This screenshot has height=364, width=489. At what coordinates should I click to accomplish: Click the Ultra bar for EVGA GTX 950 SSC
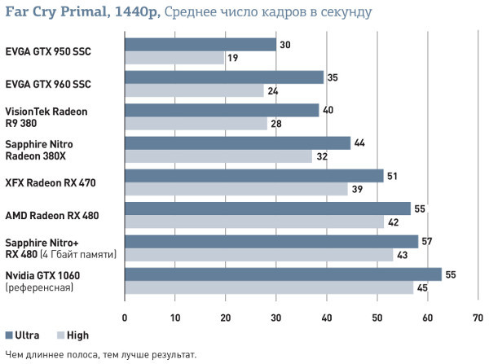[200, 45]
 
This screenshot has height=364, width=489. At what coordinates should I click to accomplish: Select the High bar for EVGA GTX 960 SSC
[195, 91]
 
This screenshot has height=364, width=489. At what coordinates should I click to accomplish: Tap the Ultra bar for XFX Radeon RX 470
[253, 176]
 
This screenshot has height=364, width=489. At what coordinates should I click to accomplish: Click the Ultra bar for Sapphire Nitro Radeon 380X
[237, 143]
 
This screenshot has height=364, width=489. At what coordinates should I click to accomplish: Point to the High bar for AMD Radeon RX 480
[253, 221]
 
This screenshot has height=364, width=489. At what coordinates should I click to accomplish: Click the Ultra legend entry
[21, 335]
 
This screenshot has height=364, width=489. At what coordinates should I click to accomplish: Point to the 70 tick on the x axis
[478, 318]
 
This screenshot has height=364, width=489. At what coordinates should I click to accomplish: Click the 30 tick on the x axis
[276, 318]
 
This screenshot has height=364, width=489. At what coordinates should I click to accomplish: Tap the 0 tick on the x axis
[125, 318]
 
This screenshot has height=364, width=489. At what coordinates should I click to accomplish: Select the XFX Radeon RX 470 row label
[51, 182]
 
